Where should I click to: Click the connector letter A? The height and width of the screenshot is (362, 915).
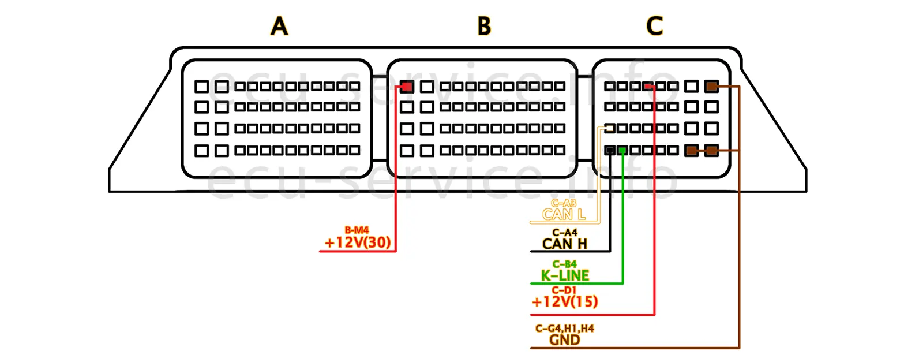point(279,27)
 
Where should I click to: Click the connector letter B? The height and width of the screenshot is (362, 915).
point(484,27)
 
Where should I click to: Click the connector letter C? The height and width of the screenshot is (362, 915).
point(654,27)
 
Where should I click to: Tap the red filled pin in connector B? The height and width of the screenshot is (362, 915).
point(407,87)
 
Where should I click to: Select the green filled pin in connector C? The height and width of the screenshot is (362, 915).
point(622,150)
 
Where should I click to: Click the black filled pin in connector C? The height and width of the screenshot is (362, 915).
point(609,150)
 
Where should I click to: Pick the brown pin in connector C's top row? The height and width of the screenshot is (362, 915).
point(711,87)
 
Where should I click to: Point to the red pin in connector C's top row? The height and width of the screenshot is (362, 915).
point(648,87)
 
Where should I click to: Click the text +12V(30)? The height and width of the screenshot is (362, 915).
point(358,242)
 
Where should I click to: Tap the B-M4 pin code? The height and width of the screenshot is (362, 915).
point(357,230)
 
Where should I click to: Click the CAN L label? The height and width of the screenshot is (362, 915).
point(564,215)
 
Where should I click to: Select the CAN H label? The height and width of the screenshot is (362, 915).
point(564,244)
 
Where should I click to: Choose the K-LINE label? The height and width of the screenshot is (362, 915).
point(565,276)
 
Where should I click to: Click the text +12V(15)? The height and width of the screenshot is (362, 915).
point(564,302)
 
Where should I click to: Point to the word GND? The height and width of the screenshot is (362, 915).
point(564,340)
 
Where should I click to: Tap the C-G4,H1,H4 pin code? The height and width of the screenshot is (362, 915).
point(564,329)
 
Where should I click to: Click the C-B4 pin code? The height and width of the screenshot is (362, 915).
point(564,264)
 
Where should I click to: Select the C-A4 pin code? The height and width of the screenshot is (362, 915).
point(564,233)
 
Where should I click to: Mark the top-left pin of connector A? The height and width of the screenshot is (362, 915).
point(201,87)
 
